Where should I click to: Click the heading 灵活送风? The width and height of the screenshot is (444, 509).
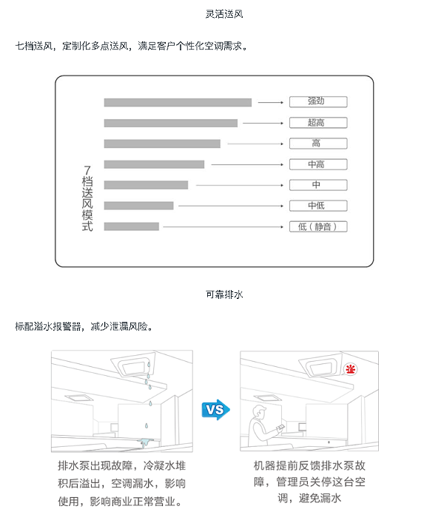tap(224, 14)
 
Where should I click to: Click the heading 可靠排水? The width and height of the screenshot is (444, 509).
tap(224, 294)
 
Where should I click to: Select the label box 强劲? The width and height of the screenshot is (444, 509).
tap(316, 102)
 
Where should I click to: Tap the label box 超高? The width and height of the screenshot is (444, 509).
tap(316, 123)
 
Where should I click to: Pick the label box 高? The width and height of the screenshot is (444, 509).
tap(316, 144)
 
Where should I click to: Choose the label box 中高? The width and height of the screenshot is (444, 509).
tap(316, 164)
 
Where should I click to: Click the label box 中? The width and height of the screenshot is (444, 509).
tap(316, 185)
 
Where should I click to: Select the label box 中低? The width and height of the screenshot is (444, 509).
tap(316, 206)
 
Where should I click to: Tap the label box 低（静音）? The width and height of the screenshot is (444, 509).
tap(316, 226)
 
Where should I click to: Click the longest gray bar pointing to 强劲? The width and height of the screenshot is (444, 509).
tap(178, 102)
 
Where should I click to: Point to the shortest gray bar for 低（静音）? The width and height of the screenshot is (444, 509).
tap(132, 226)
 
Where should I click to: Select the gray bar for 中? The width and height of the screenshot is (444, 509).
tap(146, 185)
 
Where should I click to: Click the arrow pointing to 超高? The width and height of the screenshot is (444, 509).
tap(263, 123)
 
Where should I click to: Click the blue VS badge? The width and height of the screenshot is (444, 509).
tap(215, 408)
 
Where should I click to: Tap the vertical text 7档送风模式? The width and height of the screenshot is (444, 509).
tap(87, 200)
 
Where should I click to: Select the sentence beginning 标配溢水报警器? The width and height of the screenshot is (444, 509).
tap(83, 326)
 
